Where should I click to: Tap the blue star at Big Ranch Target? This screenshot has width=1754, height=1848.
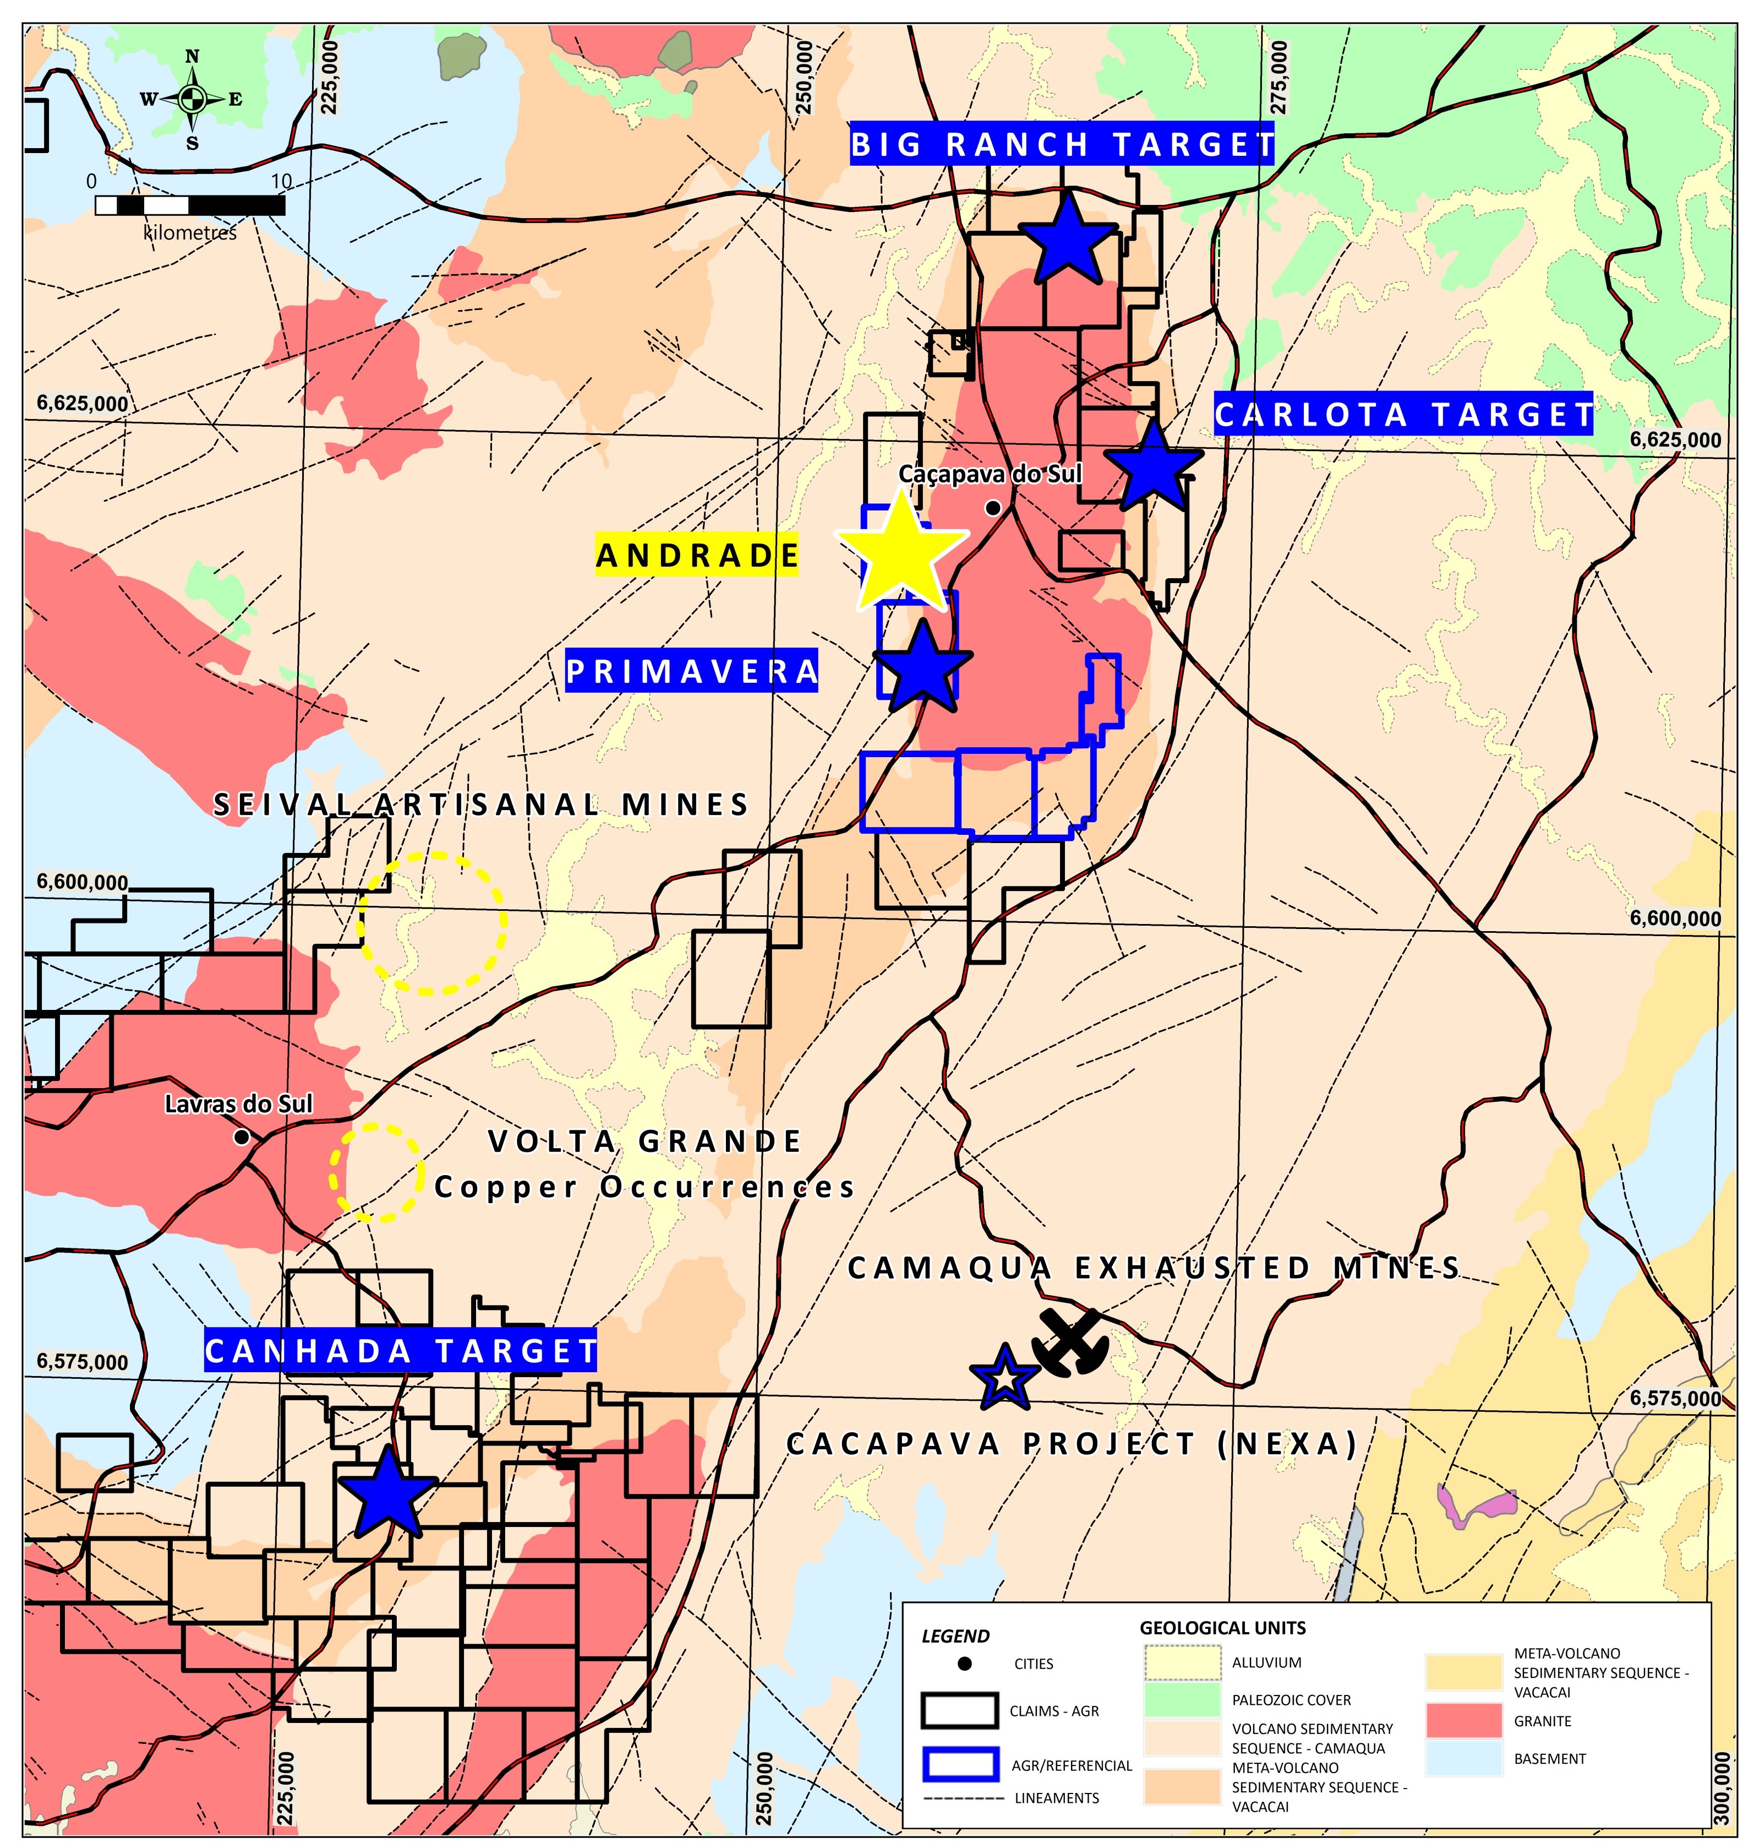click(1067, 240)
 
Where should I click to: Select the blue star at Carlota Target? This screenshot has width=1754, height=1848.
click(1153, 466)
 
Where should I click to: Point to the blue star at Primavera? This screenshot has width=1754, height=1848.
click(922, 668)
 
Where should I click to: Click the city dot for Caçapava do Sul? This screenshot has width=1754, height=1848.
click(993, 508)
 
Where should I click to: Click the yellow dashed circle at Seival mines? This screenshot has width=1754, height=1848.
click(432, 922)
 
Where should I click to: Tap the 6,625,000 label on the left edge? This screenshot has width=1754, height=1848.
click(82, 404)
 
